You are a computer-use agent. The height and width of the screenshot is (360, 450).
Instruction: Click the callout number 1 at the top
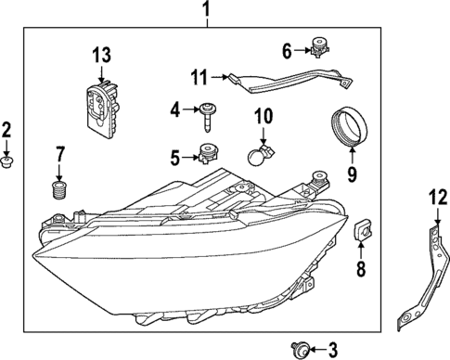(x=208, y=11)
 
